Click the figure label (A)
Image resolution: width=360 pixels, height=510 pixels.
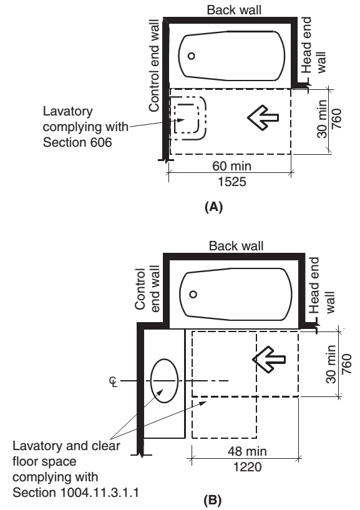click(213, 207)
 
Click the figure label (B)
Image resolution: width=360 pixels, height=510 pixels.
click(212, 499)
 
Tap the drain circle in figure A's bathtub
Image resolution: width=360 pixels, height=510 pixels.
click(192, 56)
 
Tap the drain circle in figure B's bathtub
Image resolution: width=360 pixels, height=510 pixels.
click(193, 295)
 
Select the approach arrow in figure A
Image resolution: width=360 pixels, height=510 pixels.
click(263, 117)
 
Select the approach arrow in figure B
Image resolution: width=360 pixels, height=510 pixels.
click(269, 360)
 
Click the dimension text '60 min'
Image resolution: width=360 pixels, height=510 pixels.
click(231, 166)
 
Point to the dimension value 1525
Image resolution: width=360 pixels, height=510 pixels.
click(232, 182)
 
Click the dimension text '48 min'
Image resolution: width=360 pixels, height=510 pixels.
click(247, 451)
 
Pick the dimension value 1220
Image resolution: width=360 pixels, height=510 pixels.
click(248, 467)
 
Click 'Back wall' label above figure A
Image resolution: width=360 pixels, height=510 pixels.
click(234, 10)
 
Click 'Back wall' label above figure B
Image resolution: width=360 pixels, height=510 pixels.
click(236, 245)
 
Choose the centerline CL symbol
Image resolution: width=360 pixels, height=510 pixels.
click(114, 381)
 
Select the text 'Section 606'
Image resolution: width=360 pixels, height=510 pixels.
click(77, 142)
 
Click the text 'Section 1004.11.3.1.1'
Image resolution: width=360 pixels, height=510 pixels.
click(75, 492)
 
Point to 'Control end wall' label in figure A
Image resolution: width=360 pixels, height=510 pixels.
click(154, 66)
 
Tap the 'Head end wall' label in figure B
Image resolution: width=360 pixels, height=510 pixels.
click(322, 285)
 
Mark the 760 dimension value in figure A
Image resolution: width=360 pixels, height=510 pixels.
click(336, 119)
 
